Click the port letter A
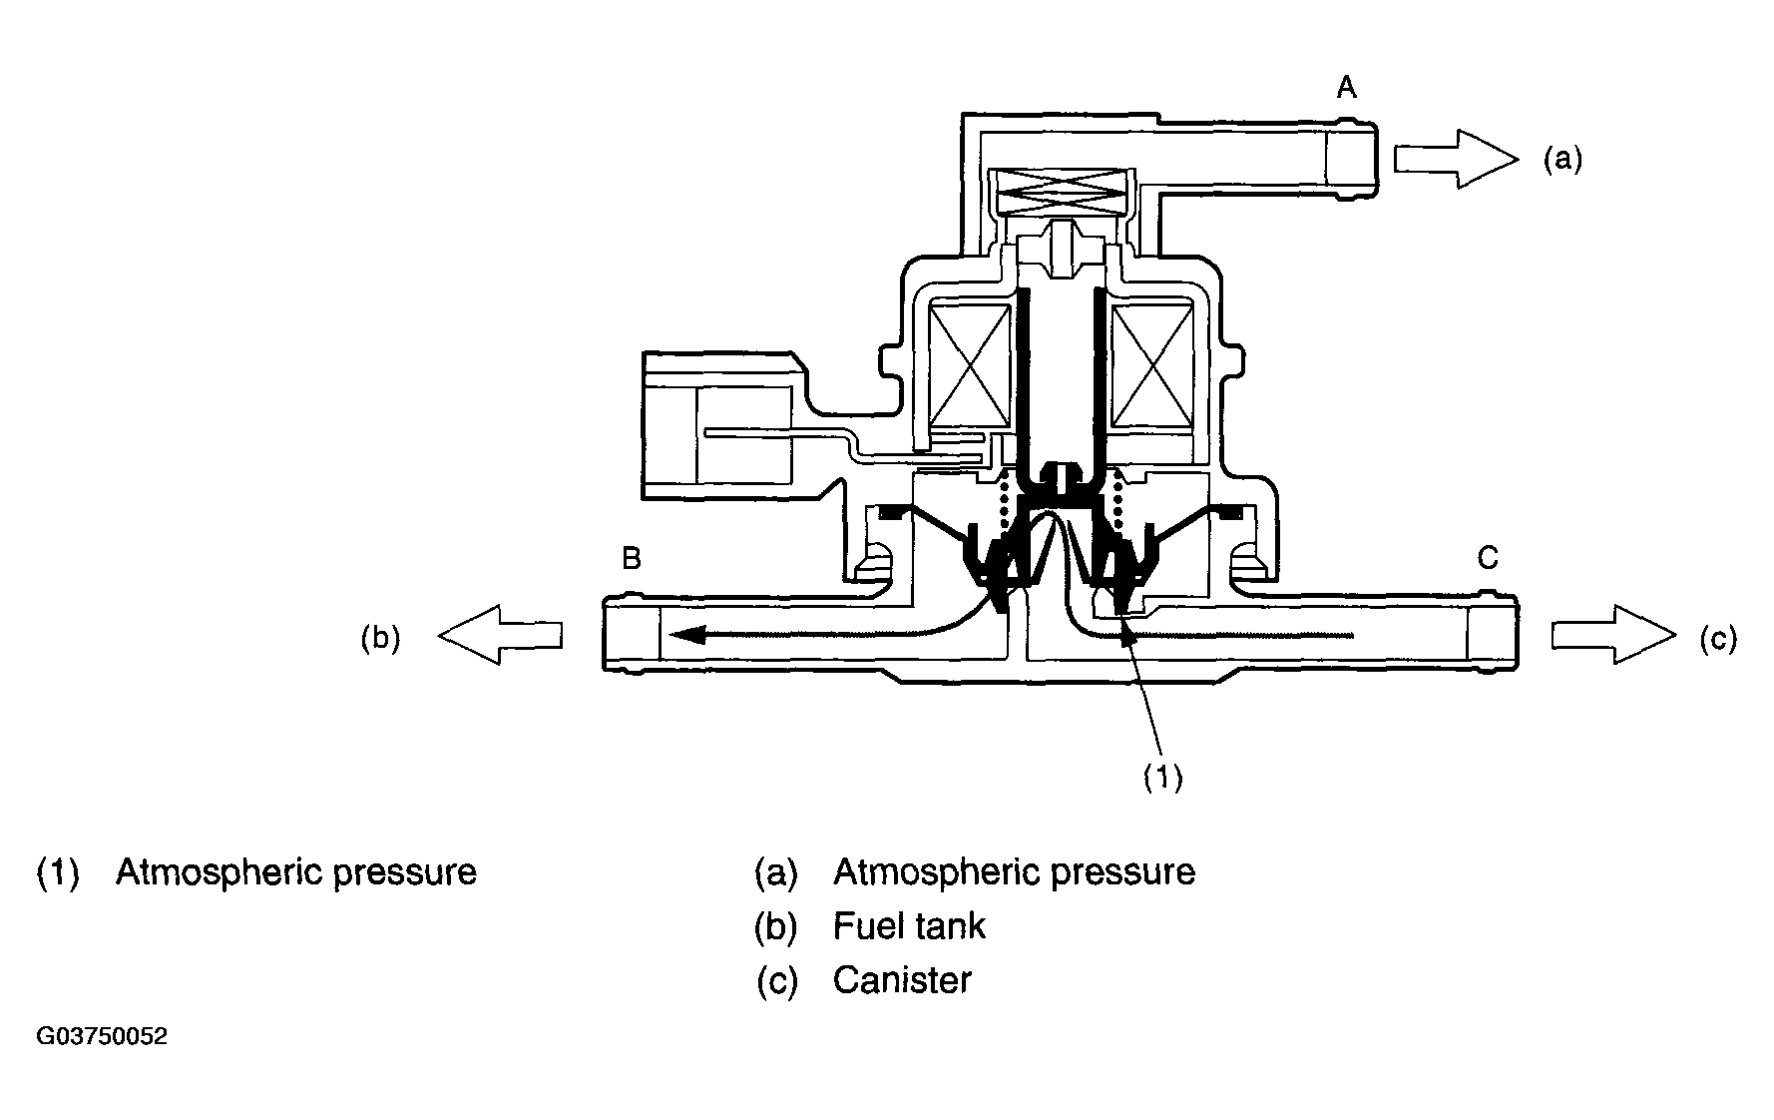[1346, 89]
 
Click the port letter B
[631, 558]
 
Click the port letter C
[1488, 558]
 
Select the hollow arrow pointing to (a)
[1456, 159]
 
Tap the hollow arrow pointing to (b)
[500, 635]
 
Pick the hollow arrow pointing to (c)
[1613, 635]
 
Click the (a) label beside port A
[1562, 160]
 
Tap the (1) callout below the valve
[1162, 778]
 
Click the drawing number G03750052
[102, 1036]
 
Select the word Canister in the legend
[902, 980]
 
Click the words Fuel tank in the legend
[909, 926]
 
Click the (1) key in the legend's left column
[58, 872]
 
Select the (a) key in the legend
[776, 872]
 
